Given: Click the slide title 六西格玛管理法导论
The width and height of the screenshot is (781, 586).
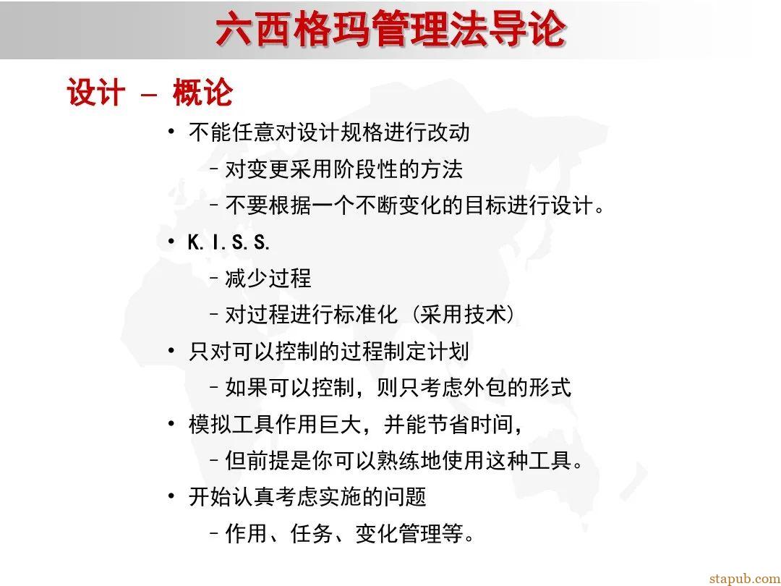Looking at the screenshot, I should [x=390, y=30].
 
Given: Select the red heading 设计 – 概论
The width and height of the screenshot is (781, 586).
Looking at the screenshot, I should [x=150, y=93].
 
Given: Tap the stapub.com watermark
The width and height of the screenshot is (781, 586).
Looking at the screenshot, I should [x=744, y=578].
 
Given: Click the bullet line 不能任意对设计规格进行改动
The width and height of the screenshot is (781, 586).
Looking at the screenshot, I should [x=329, y=132].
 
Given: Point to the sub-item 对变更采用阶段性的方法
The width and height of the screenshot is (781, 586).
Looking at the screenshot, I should [x=343, y=169].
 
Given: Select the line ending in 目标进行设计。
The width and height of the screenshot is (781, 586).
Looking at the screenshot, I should [x=415, y=205].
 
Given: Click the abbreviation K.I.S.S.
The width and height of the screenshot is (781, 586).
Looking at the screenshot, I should [x=229, y=242].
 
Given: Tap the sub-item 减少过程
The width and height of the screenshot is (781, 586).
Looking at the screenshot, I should [x=268, y=279].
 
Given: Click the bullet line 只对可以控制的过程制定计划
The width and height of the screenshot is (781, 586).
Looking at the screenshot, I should [x=329, y=352].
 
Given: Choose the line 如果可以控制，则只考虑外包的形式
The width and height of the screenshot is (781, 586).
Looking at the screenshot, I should [x=398, y=388].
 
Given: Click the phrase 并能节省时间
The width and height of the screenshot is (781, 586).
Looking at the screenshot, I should [x=448, y=424].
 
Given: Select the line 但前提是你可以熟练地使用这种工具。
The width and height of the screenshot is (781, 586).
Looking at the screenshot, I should [x=404, y=460].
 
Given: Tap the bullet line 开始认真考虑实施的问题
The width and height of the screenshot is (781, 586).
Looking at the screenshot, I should [x=307, y=497].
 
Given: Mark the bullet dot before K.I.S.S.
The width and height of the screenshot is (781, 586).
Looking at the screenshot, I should [x=171, y=242].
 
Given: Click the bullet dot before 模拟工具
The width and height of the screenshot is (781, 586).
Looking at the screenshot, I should [x=171, y=423].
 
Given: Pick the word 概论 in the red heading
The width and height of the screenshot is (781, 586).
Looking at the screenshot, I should [x=202, y=93].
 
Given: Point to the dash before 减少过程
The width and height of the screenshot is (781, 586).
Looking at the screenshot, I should [x=214, y=279].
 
